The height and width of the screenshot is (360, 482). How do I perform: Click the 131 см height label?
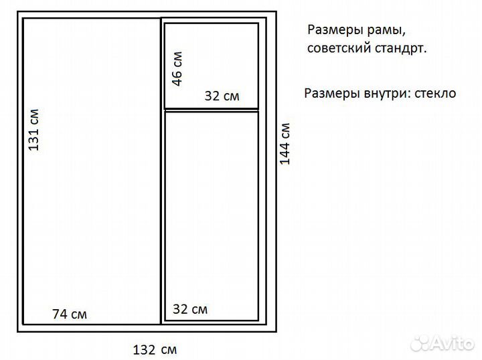tap(34, 129)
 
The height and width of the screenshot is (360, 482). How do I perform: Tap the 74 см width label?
tap(70, 314)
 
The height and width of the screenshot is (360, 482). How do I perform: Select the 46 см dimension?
tap(177, 68)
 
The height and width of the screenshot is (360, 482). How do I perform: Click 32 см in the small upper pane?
tap(222, 96)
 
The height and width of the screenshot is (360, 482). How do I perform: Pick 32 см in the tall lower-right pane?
tap(190, 309)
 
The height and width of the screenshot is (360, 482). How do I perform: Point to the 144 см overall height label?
tap(285, 144)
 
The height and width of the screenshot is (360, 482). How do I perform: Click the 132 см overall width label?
tap(155, 349)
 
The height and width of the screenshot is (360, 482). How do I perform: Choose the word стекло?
tap(435, 93)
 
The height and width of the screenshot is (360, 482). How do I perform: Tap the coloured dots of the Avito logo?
tap(420, 342)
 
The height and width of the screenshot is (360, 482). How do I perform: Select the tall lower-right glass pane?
tap(212, 207)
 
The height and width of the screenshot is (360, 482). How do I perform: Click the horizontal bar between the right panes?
tap(212, 109)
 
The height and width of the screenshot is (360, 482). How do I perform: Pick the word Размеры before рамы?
tap(331, 31)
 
